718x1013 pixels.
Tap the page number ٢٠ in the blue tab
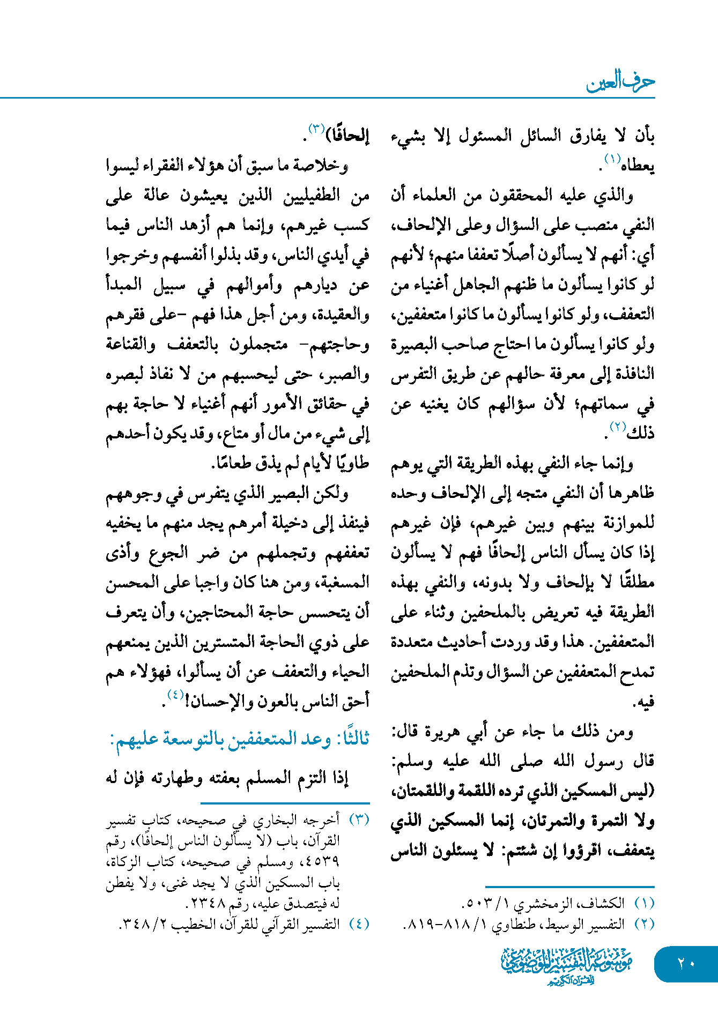tap(686, 963)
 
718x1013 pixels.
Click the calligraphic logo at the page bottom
tap(567, 965)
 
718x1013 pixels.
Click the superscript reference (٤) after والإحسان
tap(175, 695)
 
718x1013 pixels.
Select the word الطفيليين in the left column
tap(312, 195)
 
